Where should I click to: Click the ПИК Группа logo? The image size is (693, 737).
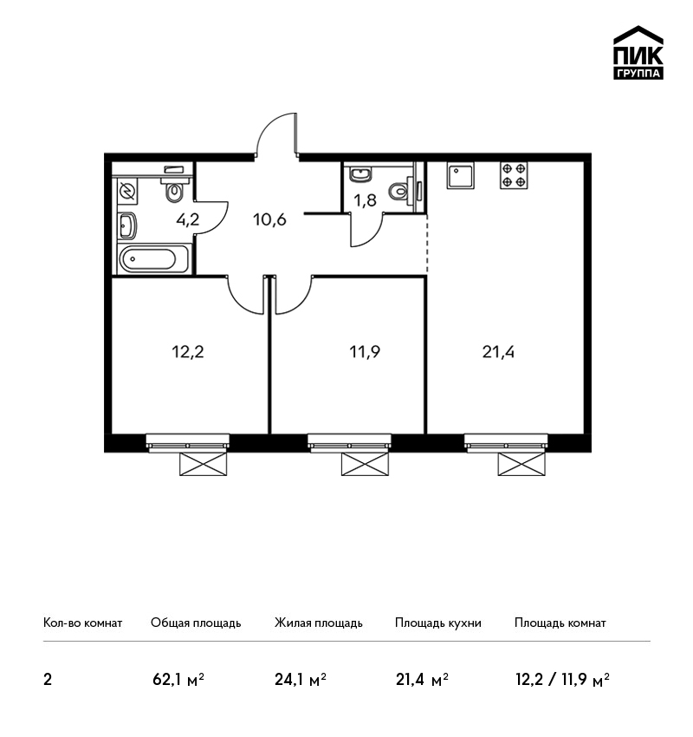(x=638, y=53)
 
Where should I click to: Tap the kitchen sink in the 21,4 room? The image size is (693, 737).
(x=460, y=175)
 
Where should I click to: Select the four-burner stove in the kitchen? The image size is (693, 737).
(x=514, y=175)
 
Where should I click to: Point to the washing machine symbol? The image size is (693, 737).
(x=127, y=192)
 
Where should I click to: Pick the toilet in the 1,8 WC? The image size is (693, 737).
(x=400, y=191)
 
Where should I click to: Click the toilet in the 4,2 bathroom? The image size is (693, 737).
(x=175, y=188)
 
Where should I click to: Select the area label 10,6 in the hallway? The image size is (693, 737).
(x=269, y=219)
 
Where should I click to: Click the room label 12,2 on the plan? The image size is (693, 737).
(x=188, y=351)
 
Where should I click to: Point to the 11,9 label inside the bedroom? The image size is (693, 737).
(x=365, y=351)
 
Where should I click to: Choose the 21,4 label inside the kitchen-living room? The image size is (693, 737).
(x=498, y=351)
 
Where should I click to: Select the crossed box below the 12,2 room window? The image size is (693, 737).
(x=204, y=464)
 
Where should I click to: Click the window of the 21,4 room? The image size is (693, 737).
(x=506, y=443)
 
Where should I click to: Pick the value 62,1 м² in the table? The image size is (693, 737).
(x=178, y=680)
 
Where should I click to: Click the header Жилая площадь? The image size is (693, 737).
(x=318, y=623)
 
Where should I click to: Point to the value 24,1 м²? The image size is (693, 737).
(x=301, y=680)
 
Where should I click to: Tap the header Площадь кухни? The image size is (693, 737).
(x=438, y=623)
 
